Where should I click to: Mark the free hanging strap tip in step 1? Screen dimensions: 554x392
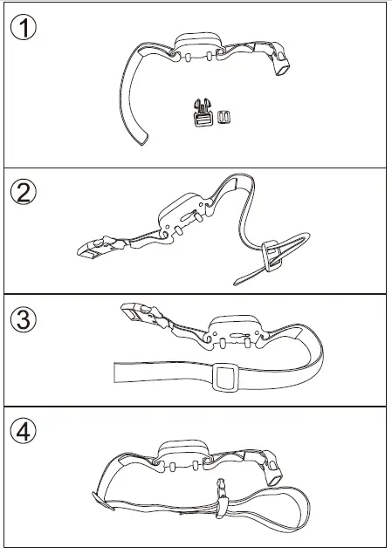[141, 139]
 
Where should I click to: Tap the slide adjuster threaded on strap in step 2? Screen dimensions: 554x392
[272, 251]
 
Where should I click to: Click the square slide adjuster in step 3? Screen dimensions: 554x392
[226, 379]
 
